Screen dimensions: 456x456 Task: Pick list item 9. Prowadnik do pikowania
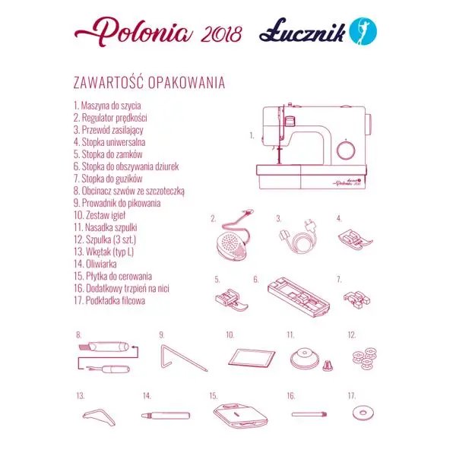pyautogui.click(x=117, y=203)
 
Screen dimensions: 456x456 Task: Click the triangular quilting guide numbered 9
pyautogui.click(x=179, y=356)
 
